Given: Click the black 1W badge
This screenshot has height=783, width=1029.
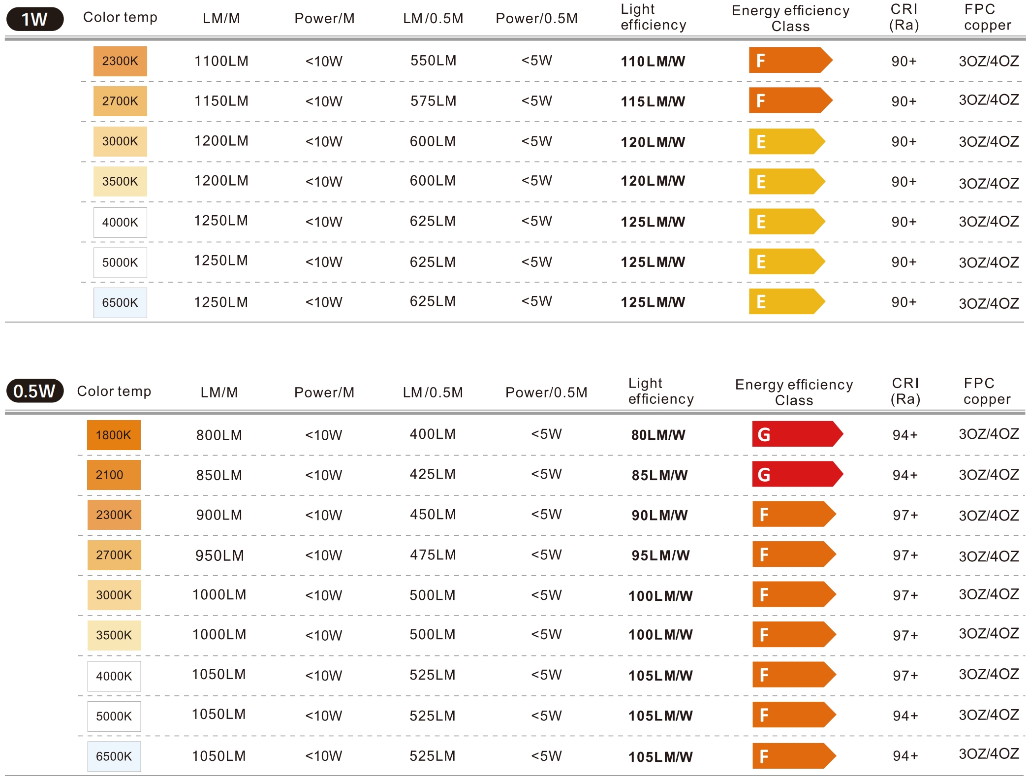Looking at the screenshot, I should coord(34,19).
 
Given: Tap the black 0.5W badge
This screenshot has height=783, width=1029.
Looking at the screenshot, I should coord(34,391).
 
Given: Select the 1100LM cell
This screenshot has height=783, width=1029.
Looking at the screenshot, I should coord(221,61).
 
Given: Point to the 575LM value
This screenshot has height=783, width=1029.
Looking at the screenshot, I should coord(433,101).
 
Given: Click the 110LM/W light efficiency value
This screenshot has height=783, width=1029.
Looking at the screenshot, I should coord(653,62).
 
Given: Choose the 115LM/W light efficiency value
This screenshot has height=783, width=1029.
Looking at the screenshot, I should coord(653,102).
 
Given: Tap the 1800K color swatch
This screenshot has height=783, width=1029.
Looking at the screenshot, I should coord(114,435).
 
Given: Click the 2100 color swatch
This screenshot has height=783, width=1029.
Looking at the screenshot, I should coord(114,475).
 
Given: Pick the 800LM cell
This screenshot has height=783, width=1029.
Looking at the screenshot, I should coord(219,435).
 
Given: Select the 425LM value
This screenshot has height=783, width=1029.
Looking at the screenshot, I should coord(433,474).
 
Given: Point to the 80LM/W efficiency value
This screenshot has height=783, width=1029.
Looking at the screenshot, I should coord(658,435).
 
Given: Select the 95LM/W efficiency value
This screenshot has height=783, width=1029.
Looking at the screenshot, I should coord(660,555).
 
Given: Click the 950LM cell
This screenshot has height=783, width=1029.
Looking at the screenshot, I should coord(219,555).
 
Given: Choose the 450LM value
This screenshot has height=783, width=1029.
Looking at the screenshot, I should coord(433,515).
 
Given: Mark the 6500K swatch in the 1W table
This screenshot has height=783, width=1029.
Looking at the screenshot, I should coord(120,302).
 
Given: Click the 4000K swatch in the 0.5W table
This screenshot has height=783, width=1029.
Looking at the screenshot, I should coord(114,676).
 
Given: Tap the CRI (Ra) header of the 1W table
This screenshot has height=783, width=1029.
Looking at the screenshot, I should coord(904,17).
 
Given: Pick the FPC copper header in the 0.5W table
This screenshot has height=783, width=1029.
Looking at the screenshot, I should coord(987,391).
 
